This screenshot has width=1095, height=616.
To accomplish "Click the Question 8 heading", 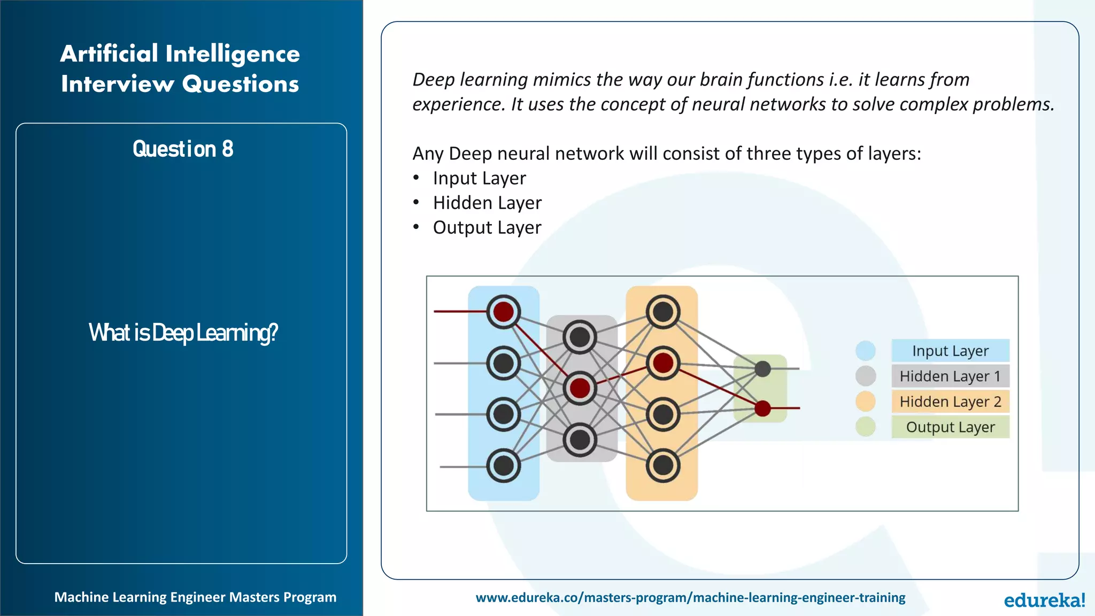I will (x=183, y=149).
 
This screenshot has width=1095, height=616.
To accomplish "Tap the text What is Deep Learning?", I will (x=183, y=333).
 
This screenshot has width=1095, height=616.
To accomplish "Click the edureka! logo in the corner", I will (x=1044, y=600).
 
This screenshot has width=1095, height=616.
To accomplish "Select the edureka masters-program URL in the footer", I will (x=690, y=597).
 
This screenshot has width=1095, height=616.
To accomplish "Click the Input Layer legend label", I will (x=950, y=351).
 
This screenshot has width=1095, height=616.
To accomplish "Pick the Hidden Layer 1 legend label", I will (x=950, y=376).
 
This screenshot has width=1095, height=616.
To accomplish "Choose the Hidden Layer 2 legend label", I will (x=950, y=402).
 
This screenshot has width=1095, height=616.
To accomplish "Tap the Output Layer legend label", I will (x=950, y=427).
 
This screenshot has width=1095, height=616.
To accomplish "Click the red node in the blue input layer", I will (x=503, y=312).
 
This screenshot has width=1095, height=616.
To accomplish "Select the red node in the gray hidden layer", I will (x=580, y=388).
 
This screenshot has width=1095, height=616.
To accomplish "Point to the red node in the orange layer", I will (x=663, y=363).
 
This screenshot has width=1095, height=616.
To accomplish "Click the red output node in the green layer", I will (x=762, y=409).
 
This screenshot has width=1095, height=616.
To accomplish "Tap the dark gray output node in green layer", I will (x=762, y=368).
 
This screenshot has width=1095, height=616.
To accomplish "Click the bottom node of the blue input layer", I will (x=503, y=466).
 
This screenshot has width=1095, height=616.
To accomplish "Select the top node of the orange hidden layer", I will (x=663, y=312).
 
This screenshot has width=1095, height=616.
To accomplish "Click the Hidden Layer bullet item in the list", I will (x=487, y=203).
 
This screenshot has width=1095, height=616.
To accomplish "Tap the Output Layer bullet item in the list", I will (x=487, y=228).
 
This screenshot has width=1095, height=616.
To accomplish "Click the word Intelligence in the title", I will (x=233, y=53).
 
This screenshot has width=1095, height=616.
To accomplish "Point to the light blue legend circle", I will (x=865, y=351).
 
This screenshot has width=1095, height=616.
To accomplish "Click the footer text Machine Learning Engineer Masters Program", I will (x=195, y=597).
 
